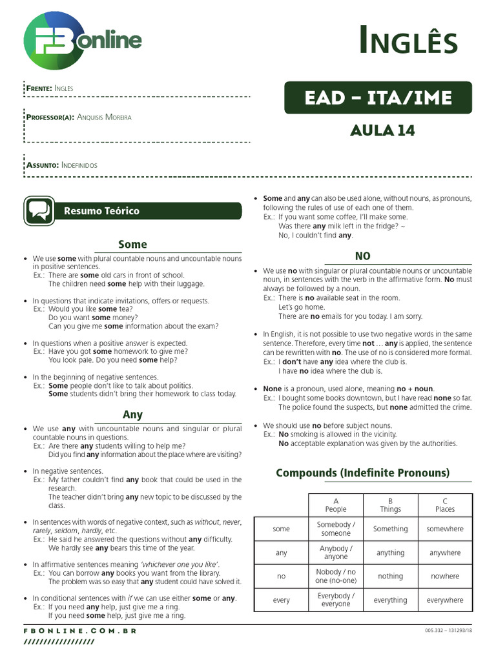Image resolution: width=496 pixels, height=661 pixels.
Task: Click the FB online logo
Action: [82, 41]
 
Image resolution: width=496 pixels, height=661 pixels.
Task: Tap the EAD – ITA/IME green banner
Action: [378, 98]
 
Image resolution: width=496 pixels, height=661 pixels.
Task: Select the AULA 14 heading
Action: [382, 130]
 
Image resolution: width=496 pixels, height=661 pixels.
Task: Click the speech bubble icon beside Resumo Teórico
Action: [39, 211]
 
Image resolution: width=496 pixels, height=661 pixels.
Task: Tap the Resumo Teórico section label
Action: [101, 211]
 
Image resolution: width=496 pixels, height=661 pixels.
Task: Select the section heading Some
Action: [132, 245]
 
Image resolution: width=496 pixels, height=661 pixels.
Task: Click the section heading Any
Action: [132, 414]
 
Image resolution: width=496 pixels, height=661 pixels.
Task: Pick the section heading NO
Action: [363, 256]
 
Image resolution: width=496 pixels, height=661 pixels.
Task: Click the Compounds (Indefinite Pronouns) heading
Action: [363, 473]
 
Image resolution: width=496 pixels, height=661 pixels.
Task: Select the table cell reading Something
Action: [390, 529]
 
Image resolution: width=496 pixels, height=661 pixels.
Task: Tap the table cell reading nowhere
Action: [445, 576]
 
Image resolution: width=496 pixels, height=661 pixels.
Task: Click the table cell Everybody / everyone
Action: [336, 600]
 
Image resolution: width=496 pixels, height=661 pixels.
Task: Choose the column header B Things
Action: [390, 505]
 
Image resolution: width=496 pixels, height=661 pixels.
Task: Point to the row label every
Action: [282, 600]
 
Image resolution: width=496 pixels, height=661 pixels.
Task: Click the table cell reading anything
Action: [390, 553]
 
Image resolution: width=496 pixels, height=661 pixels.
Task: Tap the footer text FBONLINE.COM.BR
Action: [80, 631]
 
